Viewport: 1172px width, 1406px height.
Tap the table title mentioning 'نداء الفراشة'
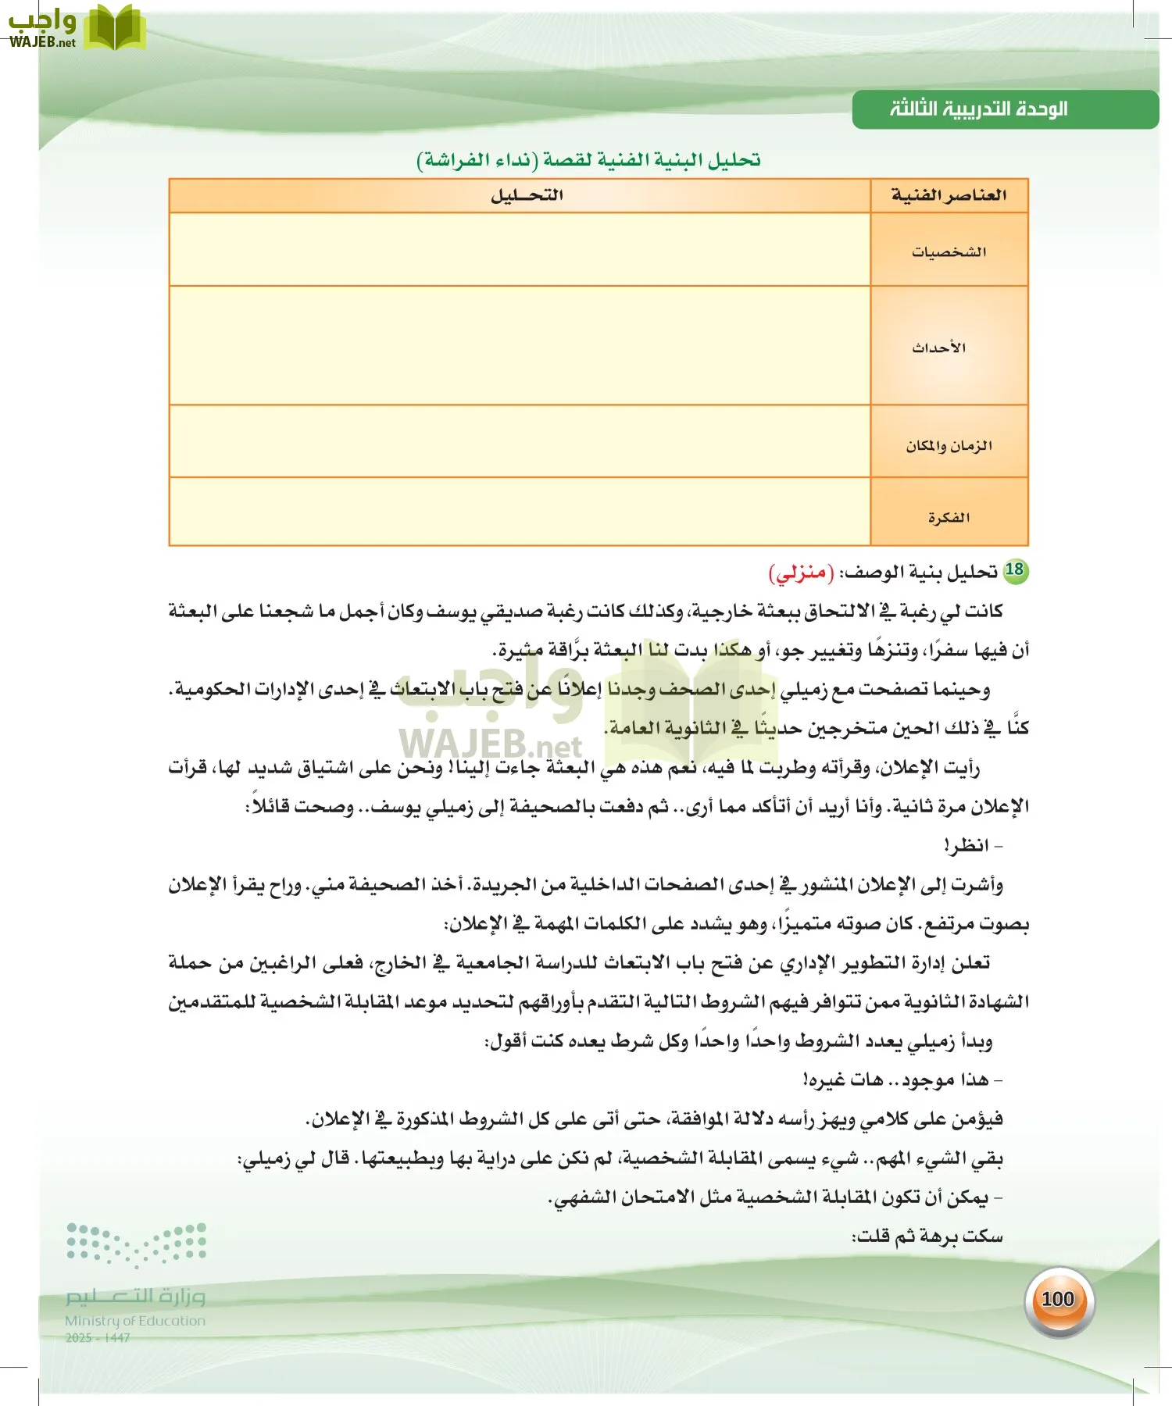tap(588, 160)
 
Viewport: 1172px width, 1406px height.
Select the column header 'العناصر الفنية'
tap(949, 195)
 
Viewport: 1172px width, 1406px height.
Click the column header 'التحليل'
tap(526, 195)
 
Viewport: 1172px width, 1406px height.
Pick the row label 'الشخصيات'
tap(949, 252)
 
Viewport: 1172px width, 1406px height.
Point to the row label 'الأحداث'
tap(939, 348)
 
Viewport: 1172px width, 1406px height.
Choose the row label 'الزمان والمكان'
tap(949, 445)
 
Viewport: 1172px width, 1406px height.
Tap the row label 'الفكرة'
tap(949, 517)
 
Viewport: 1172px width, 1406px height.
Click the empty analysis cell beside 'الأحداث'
tap(520, 345)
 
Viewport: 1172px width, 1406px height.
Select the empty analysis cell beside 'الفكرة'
tap(520, 512)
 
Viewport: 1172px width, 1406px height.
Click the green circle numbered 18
tap(1015, 570)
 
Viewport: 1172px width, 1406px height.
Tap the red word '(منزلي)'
tap(802, 573)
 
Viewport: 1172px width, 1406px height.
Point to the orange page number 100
tap(1058, 1299)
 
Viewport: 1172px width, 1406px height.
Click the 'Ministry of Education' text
tap(135, 1321)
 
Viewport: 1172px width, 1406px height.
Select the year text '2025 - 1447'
tap(98, 1338)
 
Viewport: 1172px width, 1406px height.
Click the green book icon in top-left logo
tap(115, 27)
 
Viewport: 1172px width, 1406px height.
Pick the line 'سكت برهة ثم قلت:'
tap(927, 1236)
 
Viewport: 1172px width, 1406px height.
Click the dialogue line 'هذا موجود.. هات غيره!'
tap(902, 1080)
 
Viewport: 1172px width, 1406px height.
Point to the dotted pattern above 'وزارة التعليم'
tap(136, 1243)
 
